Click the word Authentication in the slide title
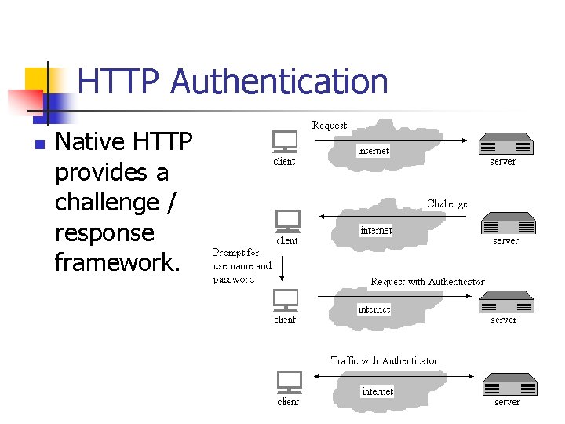click(279, 82)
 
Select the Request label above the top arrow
click(329, 126)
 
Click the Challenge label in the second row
click(447, 204)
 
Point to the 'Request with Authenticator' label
click(428, 281)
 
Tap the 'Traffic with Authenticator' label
click(384, 360)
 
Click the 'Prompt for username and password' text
click(242, 265)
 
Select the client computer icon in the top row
click(284, 142)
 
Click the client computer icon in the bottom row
click(289, 382)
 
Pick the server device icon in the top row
click(506, 144)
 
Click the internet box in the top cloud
click(373, 151)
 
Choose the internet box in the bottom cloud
click(377, 391)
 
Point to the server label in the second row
click(506, 241)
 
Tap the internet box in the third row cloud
click(374, 309)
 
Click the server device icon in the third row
click(506, 302)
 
